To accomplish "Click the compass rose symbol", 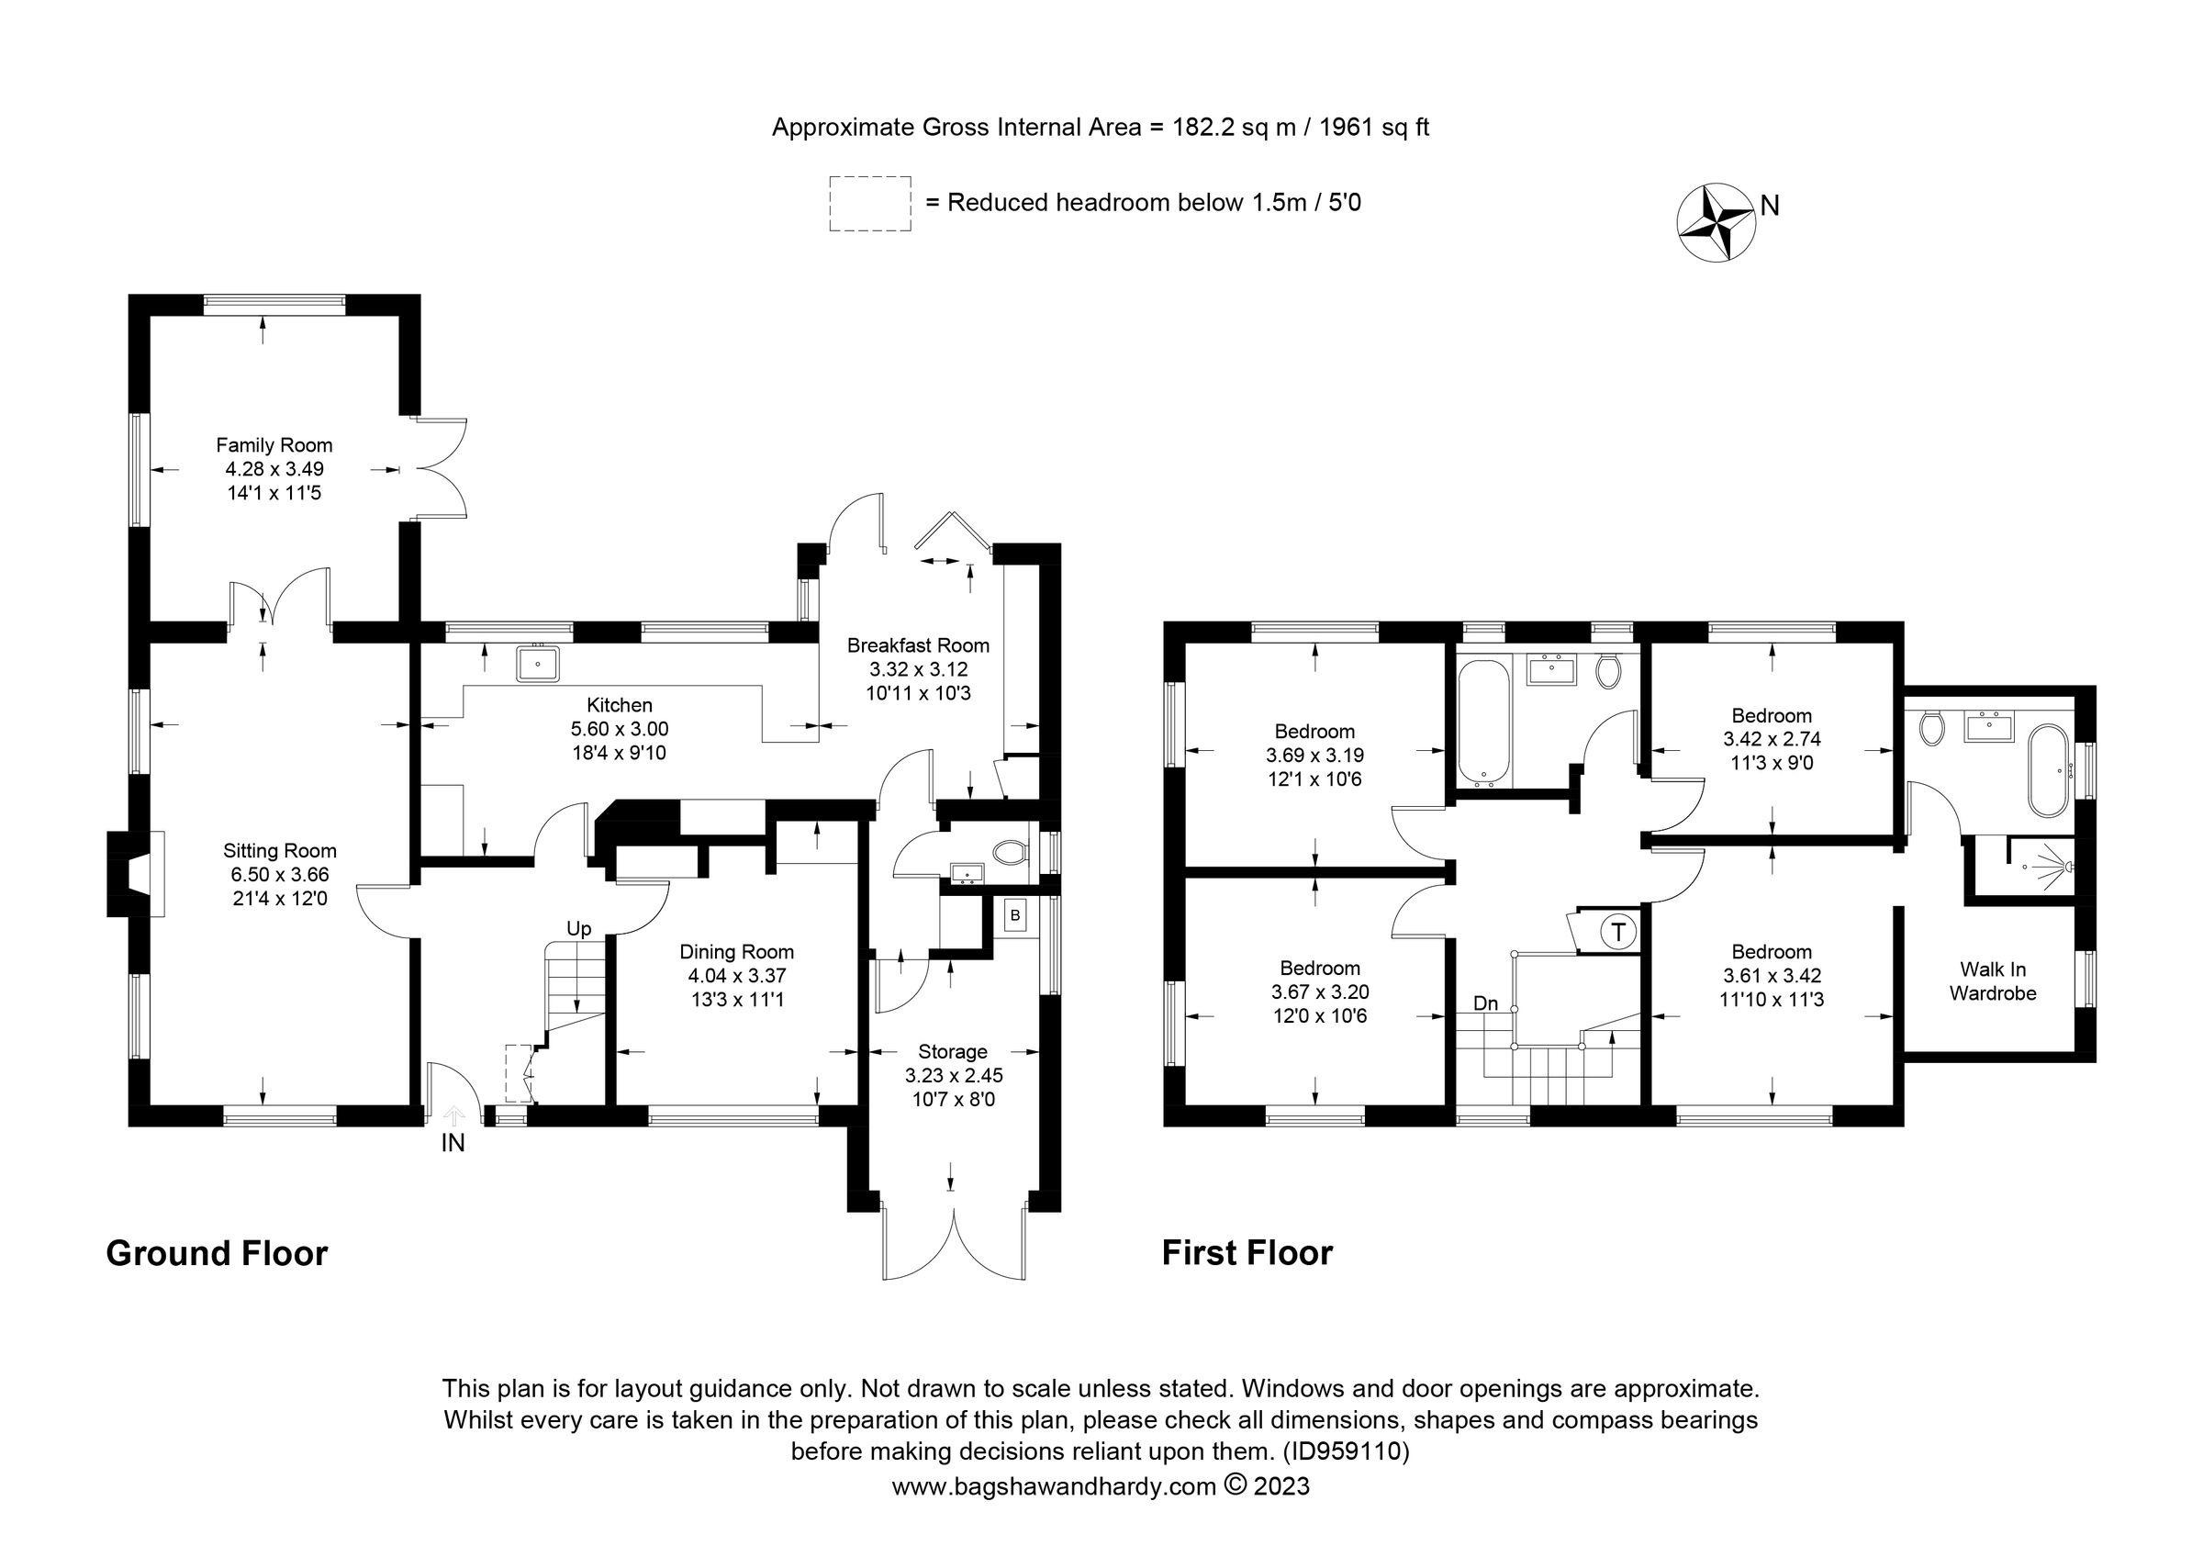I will click(1716, 221).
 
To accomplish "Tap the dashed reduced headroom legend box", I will click(869, 204).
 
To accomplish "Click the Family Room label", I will click(274, 445).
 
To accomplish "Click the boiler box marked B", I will click(1014, 915).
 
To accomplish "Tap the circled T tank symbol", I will click(1618, 932).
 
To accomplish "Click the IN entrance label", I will click(453, 1144).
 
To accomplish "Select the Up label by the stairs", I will click(578, 929).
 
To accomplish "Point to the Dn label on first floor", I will click(1485, 1003).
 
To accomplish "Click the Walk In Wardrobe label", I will click(1992, 981).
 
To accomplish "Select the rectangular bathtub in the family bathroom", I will click(1483, 722).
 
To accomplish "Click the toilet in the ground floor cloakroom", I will click(1010, 852).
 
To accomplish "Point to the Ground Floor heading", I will click(217, 1254).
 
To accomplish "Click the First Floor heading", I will click(1247, 1254).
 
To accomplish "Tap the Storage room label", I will click(952, 1051).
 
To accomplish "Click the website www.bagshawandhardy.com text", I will click(1054, 1487).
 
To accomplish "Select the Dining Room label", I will click(736, 952).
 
